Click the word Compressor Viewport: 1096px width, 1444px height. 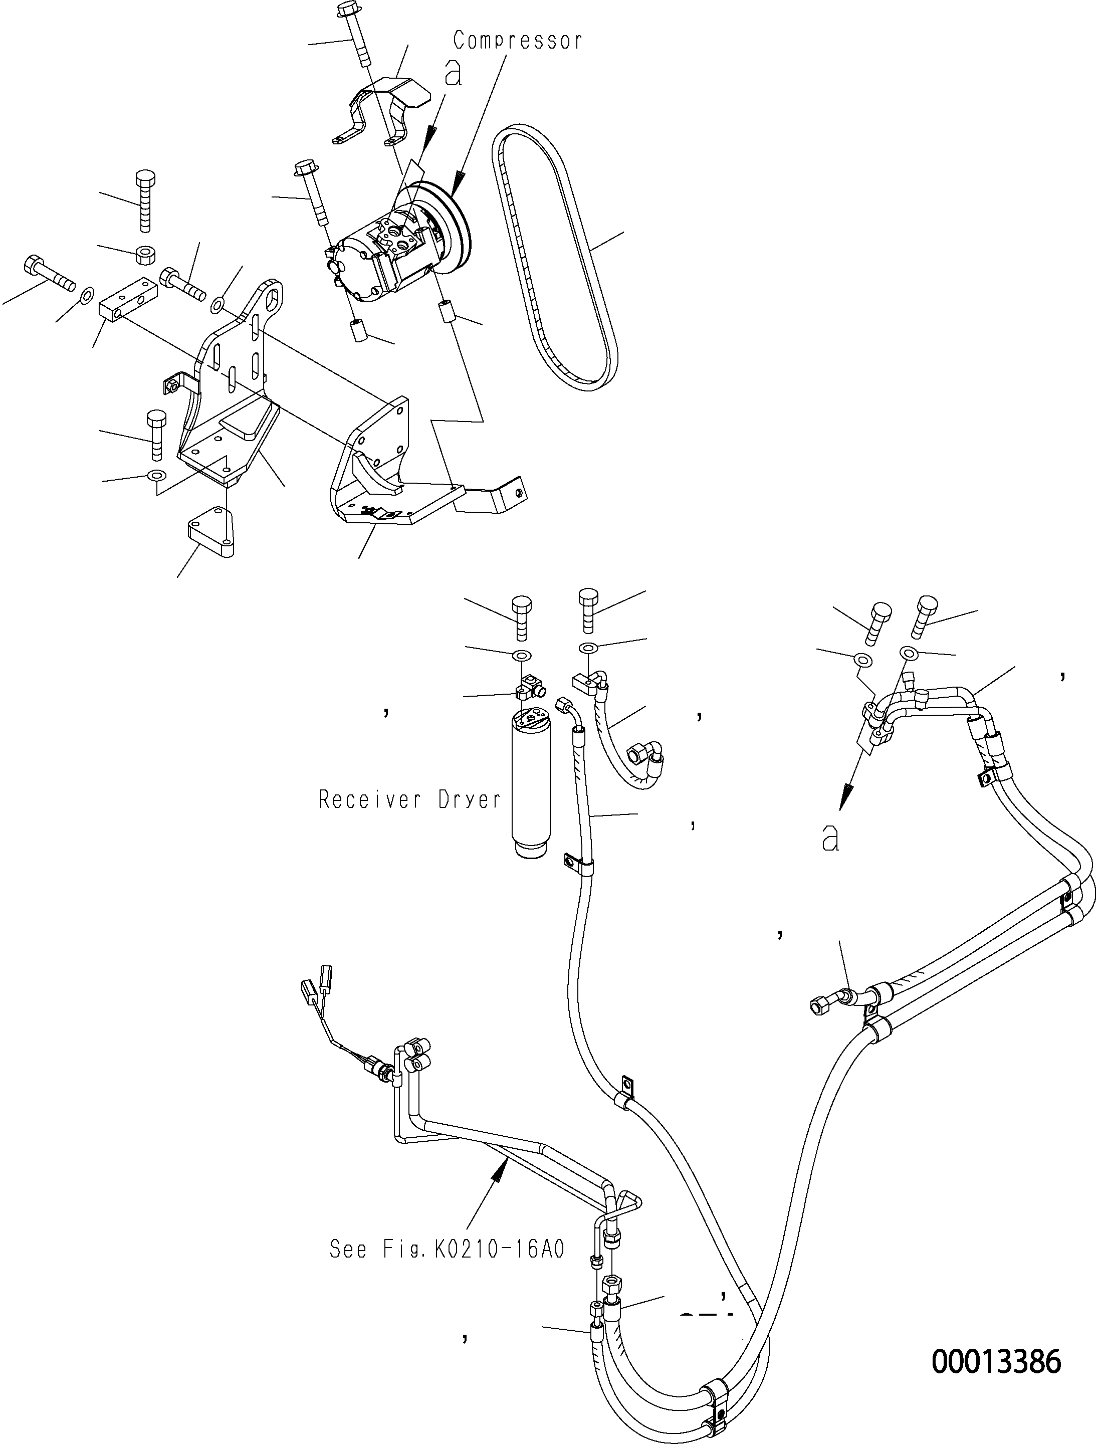click(518, 42)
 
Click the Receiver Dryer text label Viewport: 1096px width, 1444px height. click(409, 799)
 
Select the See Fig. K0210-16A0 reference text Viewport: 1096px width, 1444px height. click(447, 1250)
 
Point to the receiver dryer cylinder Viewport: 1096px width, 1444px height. click(531, 783)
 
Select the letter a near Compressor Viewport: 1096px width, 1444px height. click(453, 73)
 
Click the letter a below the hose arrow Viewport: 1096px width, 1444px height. click(830, 838)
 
